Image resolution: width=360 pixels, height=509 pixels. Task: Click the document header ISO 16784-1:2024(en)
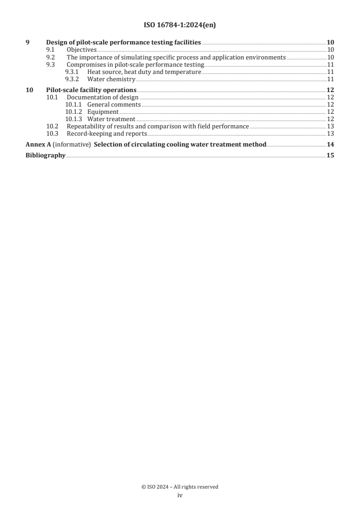(x=180, y=25)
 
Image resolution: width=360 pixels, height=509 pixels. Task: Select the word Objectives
(x=81, y=50)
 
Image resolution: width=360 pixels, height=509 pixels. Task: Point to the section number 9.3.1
(x=73, y=72)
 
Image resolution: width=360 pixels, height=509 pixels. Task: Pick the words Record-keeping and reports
(x=107, y=133)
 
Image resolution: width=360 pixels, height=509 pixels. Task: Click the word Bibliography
(x=45, y=156)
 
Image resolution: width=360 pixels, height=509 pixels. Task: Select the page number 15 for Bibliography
(x=330, y=156)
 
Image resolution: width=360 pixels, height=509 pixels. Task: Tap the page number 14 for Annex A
(x=330, y=145)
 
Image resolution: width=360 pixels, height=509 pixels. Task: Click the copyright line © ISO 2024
(x=180, y=487)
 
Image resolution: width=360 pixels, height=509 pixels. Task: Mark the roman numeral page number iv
(x=180, y=495)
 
